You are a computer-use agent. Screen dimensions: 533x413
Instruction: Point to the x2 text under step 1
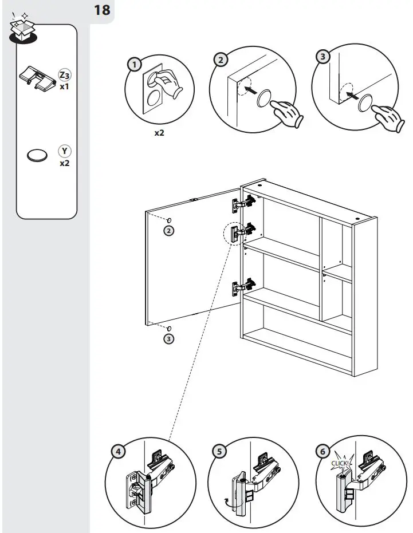tap(160, 132)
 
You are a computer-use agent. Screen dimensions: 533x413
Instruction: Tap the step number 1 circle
tap(134, 64)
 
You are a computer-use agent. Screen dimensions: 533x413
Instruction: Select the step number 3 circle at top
tap(324, 57)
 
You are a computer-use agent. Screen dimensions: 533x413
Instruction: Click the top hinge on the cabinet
tap(245, 202)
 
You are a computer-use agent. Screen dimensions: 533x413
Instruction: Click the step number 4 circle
tap(118, 451)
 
